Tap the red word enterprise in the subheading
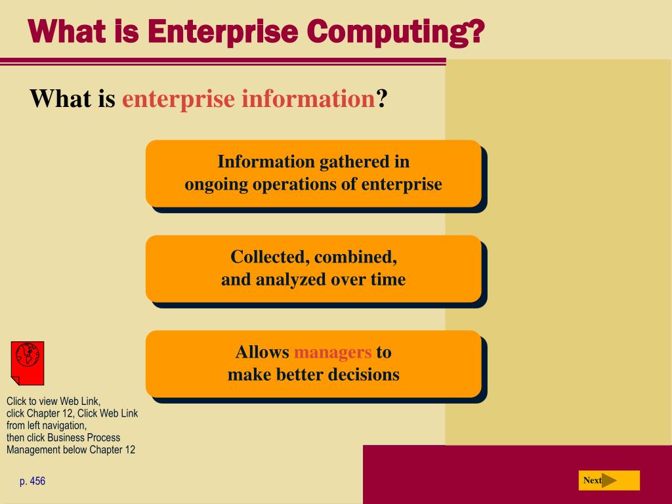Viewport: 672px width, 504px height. click(178, 99)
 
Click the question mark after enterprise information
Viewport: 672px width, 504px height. click(382, 99)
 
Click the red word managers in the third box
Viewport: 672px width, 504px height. click(333, 352)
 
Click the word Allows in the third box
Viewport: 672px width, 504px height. click(262, 352)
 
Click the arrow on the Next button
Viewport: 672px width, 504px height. click(609, 480)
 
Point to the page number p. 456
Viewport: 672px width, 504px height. click(32, 481)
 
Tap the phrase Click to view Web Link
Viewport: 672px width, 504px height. click(53, 401)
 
